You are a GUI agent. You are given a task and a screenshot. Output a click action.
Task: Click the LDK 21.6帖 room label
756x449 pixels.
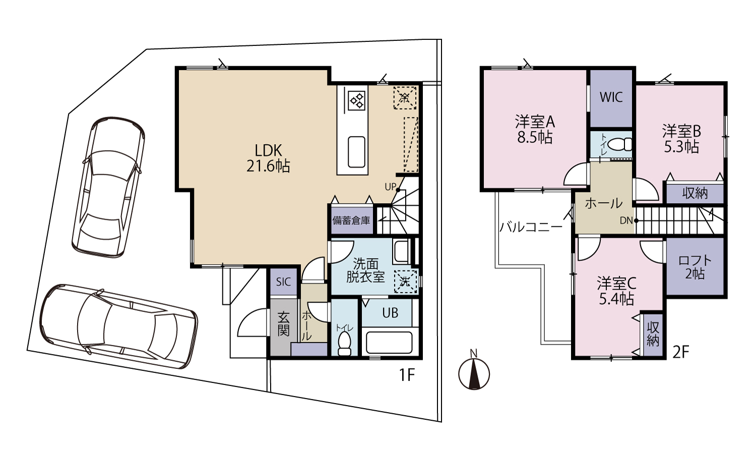pos(268,158)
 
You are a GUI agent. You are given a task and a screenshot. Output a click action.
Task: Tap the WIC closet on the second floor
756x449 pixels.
pos(611,98)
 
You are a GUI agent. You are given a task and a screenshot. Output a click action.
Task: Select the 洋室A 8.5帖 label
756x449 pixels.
pos(535,130)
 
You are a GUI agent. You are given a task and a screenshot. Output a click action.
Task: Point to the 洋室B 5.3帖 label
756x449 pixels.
pos(681,139)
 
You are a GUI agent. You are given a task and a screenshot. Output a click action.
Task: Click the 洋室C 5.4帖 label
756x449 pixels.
pos(616,291)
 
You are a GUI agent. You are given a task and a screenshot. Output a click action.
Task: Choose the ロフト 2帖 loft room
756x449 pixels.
pos(695,267)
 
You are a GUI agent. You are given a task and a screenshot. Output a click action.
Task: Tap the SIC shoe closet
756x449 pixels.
pos(283,282)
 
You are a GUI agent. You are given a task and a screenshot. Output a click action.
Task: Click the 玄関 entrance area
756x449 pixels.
pos(283,326)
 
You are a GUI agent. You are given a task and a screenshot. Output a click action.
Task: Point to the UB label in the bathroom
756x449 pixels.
pos(390,313)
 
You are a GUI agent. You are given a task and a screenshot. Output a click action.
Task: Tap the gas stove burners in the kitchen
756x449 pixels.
pos(357,100)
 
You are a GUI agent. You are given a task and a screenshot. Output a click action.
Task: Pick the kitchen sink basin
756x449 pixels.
pos(356,152)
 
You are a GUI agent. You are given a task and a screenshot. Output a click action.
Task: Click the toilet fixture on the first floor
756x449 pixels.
pos(345,343)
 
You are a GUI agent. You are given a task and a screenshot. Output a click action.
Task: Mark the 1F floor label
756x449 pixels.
pos(406,374)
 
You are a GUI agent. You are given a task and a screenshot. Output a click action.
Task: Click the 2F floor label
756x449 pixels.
pos(680,353)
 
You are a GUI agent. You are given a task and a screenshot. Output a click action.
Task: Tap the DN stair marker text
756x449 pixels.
pos(626,221)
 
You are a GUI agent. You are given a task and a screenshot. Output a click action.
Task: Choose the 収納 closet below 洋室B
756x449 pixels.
pos(695,194)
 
